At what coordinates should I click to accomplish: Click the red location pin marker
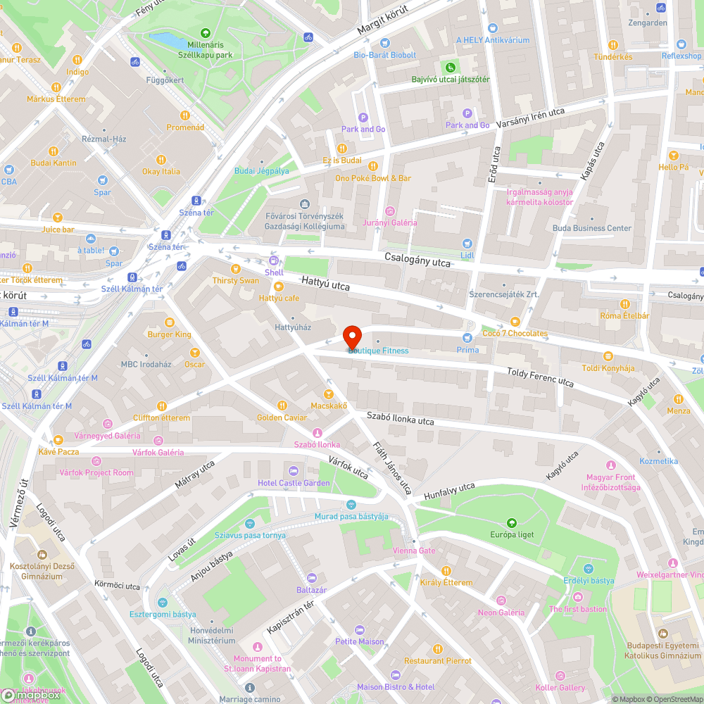(x=352, y=337)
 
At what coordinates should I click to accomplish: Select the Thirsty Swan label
(x=235, y=280)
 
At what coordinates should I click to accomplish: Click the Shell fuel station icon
(x=273, y=260)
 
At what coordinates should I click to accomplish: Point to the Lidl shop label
(x=467, y=255)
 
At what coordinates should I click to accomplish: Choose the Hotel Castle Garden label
(x=294, y=483)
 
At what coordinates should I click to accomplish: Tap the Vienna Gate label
(x=414, y=551)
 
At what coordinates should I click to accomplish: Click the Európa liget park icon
(x=512, y=522)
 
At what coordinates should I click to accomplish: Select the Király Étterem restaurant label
(x=446, y=582)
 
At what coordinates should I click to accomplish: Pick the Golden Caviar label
(x=282, y=417)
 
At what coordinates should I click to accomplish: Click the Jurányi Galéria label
(x=390, y=222)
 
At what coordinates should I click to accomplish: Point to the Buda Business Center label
(x=591, y=228)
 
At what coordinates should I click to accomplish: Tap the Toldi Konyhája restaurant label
(x=608, y=368)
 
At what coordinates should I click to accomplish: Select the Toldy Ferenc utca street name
(x=540, y=377)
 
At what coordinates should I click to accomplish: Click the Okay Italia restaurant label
(x=161, y=171)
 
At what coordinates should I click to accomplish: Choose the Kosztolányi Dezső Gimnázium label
(x=42, y=571)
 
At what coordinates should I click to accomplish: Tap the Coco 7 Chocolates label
(x=515, y=333)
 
